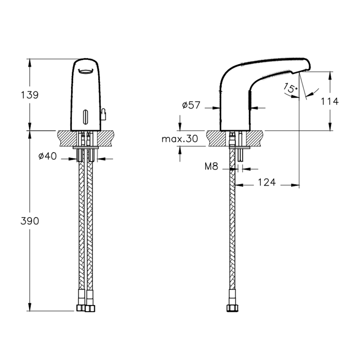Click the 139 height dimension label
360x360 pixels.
(x=30, y=95)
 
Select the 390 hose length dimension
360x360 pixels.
(x=30, y=221)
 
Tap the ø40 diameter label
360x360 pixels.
(x=47, y=156)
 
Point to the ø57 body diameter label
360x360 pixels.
(x=191, y=105)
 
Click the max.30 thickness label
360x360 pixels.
(x=180, y=139)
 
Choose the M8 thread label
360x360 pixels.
(x=211, y=166)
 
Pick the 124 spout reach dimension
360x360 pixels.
(x=266, y=182)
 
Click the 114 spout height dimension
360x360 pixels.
(x=330, y=101)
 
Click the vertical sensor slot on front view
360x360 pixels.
(x=85, y=117)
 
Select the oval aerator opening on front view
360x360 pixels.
(x=85, y=71)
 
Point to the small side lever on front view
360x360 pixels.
(x=103, y=114)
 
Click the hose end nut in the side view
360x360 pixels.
(x=232, y=308)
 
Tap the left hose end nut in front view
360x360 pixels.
(x=81, y=308)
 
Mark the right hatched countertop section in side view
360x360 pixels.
(x=255, y=138)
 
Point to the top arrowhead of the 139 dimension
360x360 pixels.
(x=30, y=63)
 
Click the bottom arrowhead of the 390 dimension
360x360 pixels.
(x=30, y=307)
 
